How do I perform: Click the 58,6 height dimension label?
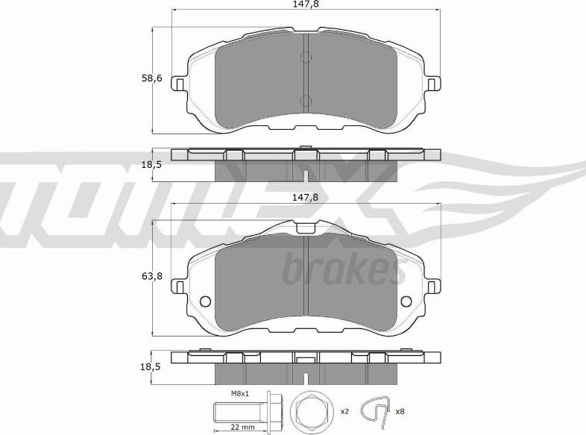pos(152,78)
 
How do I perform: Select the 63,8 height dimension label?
pos(152,276)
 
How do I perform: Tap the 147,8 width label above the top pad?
pos(306,4)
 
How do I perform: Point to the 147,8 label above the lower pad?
pos(305,197)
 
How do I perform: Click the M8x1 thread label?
pos(240,393)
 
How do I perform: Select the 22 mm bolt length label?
pos(243,427)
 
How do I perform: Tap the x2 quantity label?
pos(344,411)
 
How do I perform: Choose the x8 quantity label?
pos(400,411)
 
